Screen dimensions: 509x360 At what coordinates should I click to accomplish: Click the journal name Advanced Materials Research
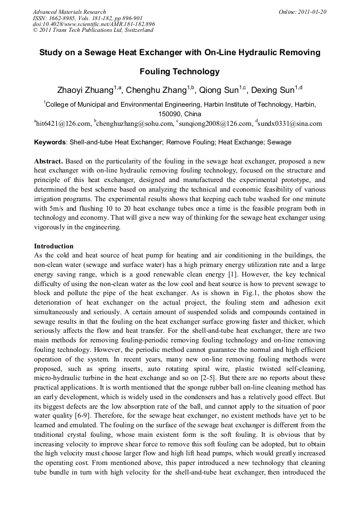70,12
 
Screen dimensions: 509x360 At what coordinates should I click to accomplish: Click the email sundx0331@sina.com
290,124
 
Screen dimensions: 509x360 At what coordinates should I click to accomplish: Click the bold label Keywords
50,142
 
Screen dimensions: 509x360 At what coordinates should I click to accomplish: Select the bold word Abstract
49,160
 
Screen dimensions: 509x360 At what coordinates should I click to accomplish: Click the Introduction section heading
54,246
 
